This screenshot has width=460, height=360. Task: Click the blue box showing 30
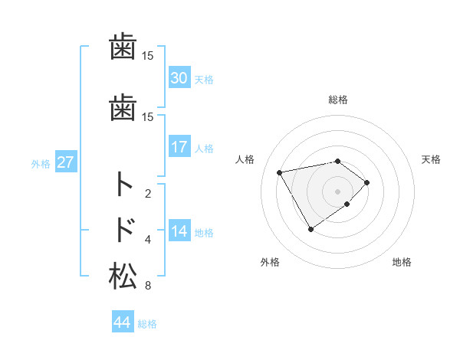point(179,77)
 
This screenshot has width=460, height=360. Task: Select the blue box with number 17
point(179,147)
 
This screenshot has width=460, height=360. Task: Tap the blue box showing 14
point(179,231)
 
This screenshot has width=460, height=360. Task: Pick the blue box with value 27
point(66,162)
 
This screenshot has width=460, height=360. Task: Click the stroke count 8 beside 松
point(147,286)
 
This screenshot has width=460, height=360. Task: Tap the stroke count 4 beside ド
point(148,240)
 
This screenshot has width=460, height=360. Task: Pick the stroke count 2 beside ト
point(148,194)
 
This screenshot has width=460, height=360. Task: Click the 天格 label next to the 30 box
point(204,79)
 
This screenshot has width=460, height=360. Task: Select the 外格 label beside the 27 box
point(41,163)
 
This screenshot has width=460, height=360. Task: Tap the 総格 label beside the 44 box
point(147,324)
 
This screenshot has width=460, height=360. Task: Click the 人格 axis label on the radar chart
point(245,159)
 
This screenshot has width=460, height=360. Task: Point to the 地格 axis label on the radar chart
point(402,262)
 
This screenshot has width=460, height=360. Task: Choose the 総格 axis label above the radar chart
point(338,100)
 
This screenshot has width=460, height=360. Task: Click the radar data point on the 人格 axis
point(280,172)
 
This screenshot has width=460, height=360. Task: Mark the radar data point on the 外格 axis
point(310,228)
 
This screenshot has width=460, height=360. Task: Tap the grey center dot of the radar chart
point(337,191)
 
